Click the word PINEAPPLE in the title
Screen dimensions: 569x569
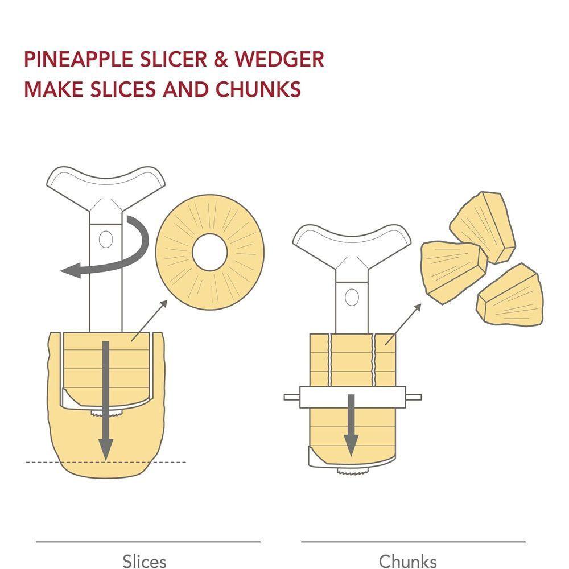click(78, 60)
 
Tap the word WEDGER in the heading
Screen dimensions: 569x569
click(279, 60)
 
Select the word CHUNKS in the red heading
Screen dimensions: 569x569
click(258, 89)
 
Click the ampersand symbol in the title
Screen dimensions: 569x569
click(220, 60)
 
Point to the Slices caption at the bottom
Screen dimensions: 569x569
click(145, 561)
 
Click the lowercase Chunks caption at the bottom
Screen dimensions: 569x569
click(407, 561)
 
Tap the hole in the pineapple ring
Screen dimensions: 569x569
click(210, 252)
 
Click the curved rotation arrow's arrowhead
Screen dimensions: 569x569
click(71, 271)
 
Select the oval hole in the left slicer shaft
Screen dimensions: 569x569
click(106, 239)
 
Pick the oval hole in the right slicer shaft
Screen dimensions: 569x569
click(352, 298)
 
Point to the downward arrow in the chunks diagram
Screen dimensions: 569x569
click(351, 425)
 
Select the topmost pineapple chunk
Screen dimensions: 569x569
click(483, 228)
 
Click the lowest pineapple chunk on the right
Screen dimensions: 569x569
click(510, 295)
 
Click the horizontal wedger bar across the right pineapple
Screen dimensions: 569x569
click(352, 397)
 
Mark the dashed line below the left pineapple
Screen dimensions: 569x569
click(106, 462)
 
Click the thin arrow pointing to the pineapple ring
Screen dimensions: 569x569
click(149, 320)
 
